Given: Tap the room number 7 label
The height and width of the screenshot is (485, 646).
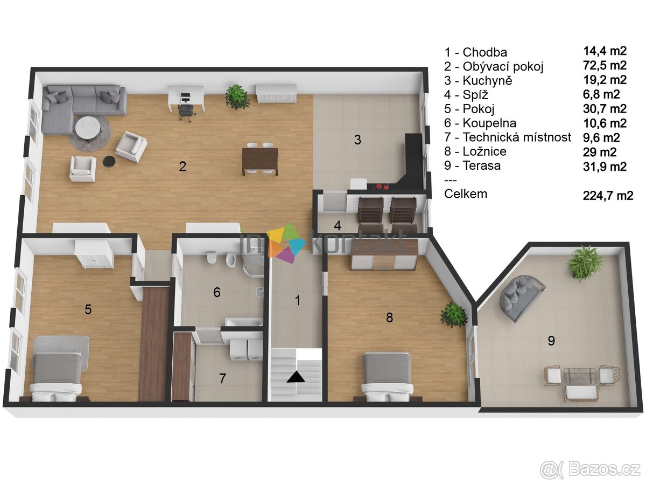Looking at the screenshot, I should click(222, 378).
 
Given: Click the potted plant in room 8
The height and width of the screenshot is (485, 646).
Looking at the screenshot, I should click(453, 315).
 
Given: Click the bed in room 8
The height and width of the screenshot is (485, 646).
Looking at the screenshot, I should click(387, 375).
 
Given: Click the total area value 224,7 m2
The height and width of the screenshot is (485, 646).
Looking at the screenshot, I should click(608, 195).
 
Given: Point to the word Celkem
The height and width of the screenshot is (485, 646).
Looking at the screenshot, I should click(466, 194).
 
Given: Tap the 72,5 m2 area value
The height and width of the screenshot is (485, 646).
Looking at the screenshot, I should click(605, 66).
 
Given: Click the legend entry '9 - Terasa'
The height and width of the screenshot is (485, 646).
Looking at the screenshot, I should click(472, 166).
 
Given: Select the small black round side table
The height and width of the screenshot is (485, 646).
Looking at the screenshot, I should click(108, 161).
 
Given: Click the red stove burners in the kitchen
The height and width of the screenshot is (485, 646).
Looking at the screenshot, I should click(383, 186).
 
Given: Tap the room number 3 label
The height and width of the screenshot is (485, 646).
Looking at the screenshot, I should click(357, 140).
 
